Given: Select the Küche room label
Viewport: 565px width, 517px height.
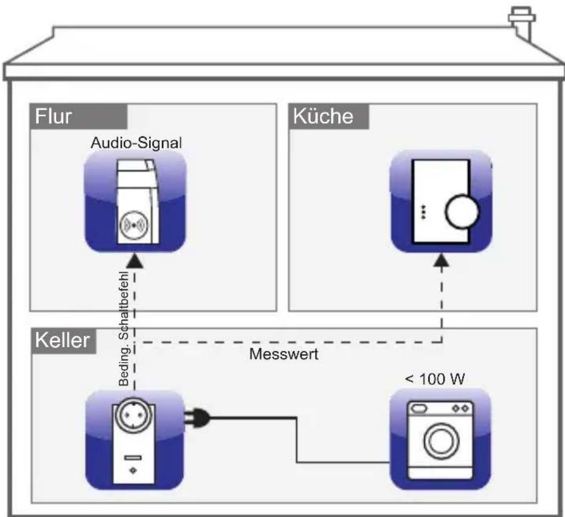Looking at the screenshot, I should [322, 116].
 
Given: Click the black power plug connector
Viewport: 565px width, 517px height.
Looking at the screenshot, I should [198, 419].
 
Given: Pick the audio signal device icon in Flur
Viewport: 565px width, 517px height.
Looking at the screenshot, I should [135, 200].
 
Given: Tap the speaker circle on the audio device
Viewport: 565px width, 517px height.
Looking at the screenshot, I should [134, 228].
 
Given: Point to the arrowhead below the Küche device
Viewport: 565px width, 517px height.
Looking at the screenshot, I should [442, 261].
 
